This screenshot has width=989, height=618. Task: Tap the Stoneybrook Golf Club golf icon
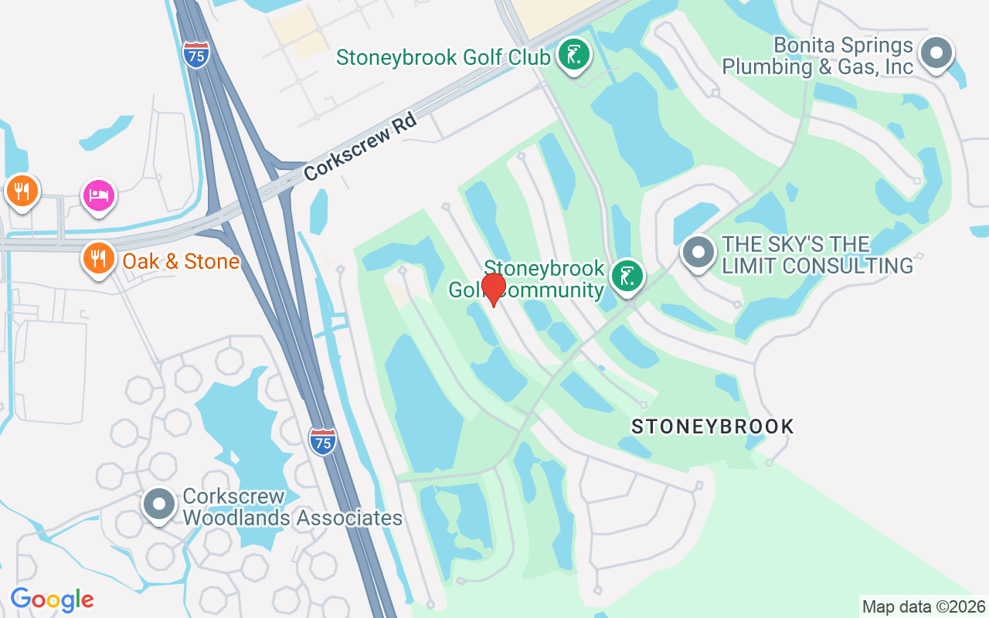pyautogui.click(x=573, y=55)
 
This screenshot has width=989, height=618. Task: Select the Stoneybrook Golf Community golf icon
pyautogui.click(x=627, y=276)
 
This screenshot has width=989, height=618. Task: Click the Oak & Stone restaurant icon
pyautogui.click(x=98, y=259)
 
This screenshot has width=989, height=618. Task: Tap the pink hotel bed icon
pyautogui.click(x=99, y=195)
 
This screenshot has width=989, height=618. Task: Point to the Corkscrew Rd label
pyautogui.click(x=360, y=147)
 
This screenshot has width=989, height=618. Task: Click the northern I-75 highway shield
pyautogui.click(x=196, y=54)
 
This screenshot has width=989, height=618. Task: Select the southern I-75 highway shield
pyautogui.click(x=322, y=440)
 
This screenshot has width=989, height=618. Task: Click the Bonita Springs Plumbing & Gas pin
pyautogui.click(x=936, y=53)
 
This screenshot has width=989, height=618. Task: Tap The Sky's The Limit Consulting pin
pyautogui.click(x=698, y=252)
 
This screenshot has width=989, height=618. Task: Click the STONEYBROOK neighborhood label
pyautogui.click(x=712, y=426)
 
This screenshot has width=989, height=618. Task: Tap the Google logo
pyautogui.click(x=52, y=599)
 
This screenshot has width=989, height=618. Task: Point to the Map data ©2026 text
pyautogui.click(x=923, y=606)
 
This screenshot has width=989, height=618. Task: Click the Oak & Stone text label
pyautogui.click(x=181, y=262)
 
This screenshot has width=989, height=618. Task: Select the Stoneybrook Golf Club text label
pyautogui.click(x=444, y=57)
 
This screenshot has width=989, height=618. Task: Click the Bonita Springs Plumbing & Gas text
pyautogui.click(x=817, y=56)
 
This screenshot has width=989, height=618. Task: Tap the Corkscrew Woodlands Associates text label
pyautogui.click(x=292, y=507)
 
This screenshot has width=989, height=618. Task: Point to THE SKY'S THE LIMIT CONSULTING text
pyautogui.click(x=817, y=256)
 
